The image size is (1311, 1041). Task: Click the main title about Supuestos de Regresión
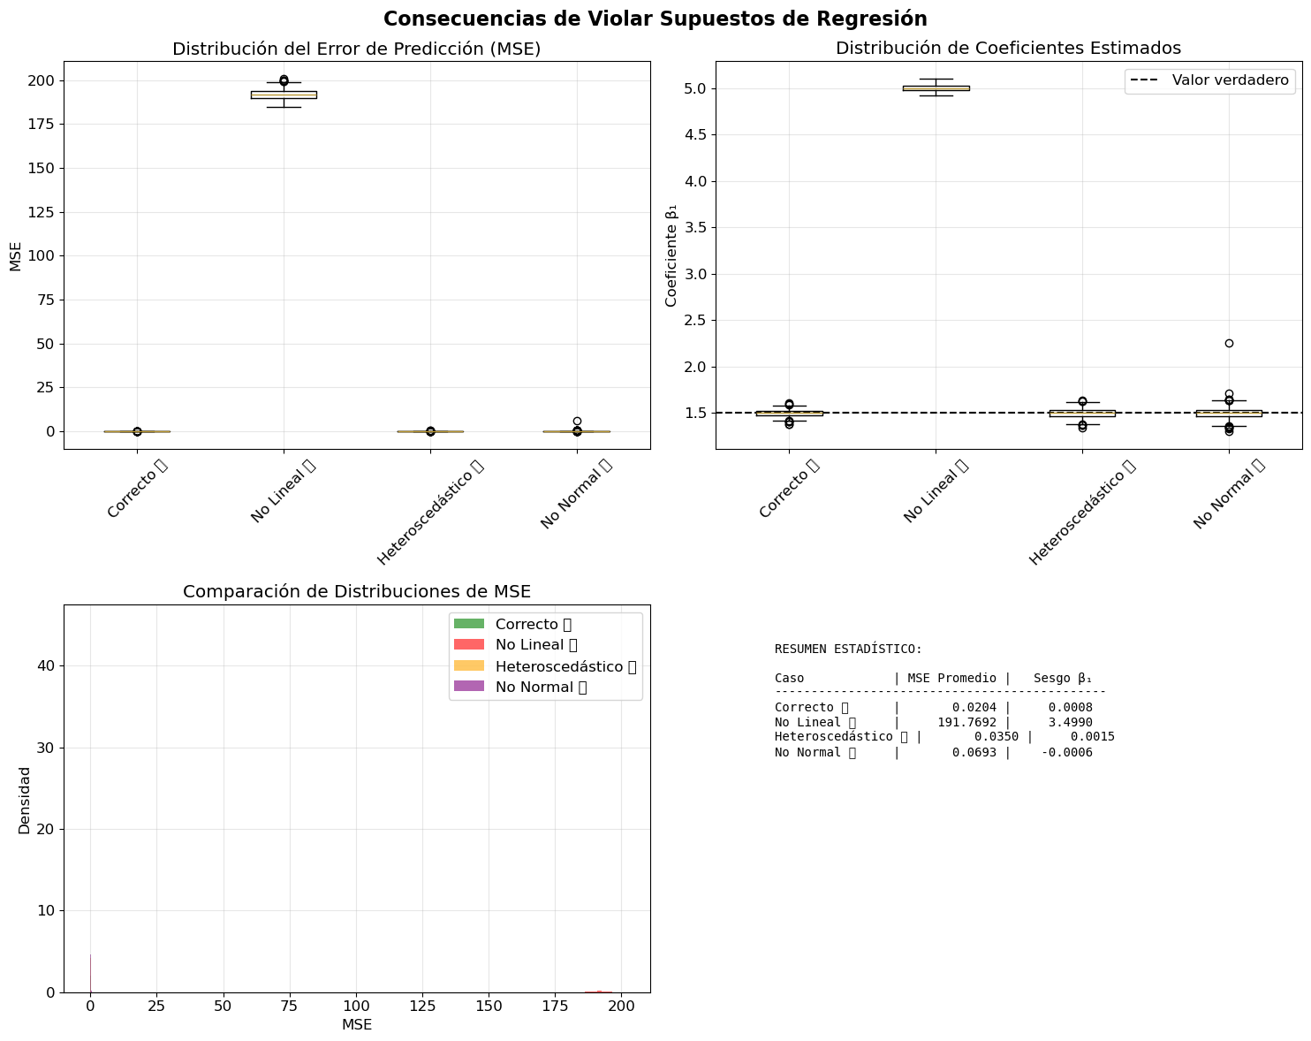coord(655,19)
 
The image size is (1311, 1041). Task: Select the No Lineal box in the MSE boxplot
coord(284,95)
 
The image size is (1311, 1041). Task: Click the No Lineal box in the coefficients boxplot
coord(936,87)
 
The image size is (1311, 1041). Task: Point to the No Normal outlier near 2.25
coord(1229,343)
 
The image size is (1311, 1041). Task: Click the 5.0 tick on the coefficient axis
coord(694,88)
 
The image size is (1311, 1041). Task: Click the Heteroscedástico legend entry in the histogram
coord(565,665)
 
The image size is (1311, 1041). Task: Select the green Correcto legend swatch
coord(469,624)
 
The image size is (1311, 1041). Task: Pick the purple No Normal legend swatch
coord(469,687)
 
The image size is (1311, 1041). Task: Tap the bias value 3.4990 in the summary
coord(1070,722)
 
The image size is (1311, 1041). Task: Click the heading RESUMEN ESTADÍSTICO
coord(848,649)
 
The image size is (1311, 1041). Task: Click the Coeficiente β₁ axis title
coord(671,256)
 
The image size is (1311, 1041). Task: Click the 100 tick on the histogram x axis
coord(356,1007)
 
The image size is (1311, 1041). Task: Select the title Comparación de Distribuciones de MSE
coord(357,591)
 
